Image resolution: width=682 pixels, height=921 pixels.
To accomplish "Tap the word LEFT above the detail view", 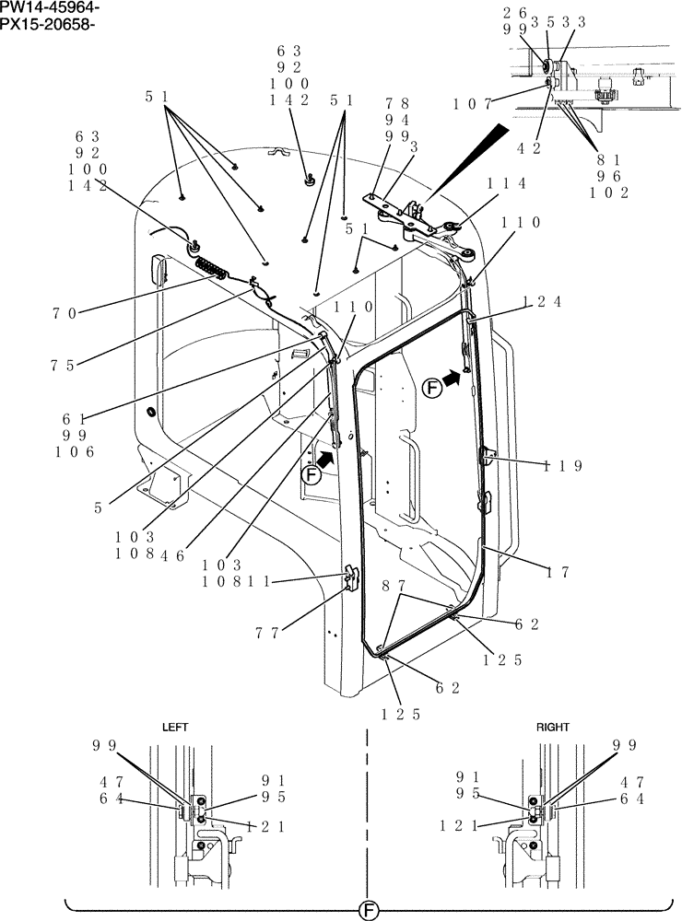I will coord(175,727).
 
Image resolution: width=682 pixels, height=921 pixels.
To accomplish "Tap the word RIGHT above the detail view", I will coord(553,727).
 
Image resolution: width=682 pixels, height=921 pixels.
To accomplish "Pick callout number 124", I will coord(542,301).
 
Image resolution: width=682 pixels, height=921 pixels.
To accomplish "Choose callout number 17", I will coord(559,572).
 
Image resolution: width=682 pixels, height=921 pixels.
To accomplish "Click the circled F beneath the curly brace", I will coord(368,910).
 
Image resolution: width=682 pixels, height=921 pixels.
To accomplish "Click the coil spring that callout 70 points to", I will coord(216,269).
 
